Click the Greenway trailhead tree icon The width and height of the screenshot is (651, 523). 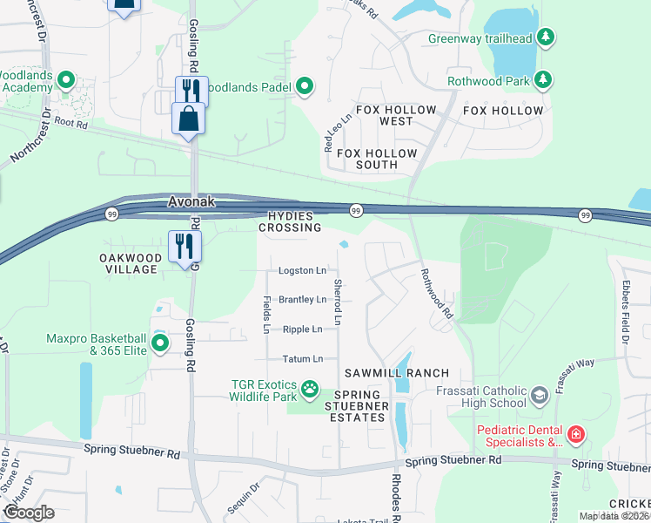[x=546, y=37]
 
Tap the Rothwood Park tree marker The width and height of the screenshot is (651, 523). [x=543, y=80]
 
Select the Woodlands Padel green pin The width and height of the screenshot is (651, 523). [x=305, y=85]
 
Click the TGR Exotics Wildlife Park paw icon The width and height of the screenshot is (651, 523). [x=311, y=387]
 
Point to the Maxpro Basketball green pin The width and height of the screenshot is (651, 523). [x=160, y=343]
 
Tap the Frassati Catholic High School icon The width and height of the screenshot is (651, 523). [x=540, y=397]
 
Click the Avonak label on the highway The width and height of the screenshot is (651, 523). [x=191, y=202]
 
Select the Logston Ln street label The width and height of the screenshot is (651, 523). [x=302, y=270]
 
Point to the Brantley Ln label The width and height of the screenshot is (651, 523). [x=302, y=299]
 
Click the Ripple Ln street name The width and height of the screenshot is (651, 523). [x=302, y=329]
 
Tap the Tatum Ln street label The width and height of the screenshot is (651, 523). [x=302, y=358]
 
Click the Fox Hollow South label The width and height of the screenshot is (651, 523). [x=377, y=160]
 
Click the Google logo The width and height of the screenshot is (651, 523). [x=28, y=513]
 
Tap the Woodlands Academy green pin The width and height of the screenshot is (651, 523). [x=65, y=82]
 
